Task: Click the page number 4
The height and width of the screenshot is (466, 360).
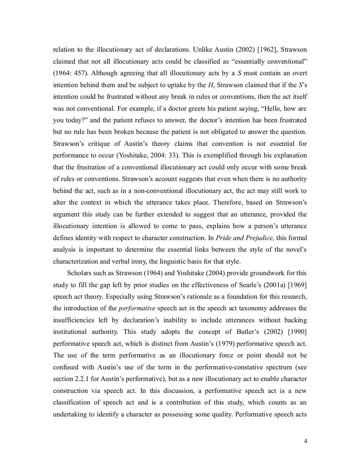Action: tap(306, 442)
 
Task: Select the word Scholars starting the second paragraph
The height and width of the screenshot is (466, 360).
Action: tap(79, 273)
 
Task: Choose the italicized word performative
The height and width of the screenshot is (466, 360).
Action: tap(137, 309)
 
